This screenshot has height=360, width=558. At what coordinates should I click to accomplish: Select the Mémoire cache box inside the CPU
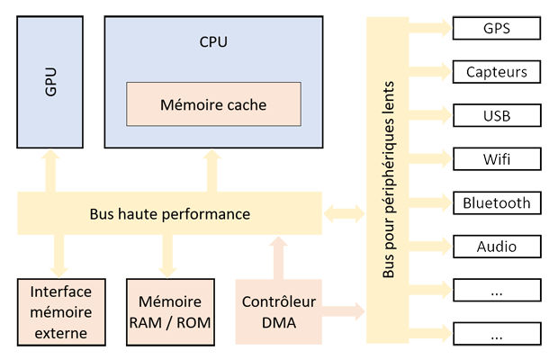213,104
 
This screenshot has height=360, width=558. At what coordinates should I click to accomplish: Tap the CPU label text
213,41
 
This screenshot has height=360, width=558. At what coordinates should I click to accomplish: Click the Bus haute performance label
170,214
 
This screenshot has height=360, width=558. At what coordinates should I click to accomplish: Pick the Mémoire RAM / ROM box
170,312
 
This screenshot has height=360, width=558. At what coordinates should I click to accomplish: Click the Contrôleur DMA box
278,312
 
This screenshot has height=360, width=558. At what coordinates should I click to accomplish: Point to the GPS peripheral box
497,28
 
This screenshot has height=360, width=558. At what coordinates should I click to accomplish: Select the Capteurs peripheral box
497,72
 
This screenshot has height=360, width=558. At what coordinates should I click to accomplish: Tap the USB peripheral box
497,115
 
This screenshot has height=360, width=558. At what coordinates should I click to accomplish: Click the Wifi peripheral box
497,159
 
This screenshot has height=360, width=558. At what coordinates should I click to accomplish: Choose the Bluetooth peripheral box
497,202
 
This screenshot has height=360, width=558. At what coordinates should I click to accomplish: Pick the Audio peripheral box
497,246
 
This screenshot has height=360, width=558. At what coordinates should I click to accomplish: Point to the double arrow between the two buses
345,214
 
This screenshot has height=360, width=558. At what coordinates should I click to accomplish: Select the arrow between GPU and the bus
50,169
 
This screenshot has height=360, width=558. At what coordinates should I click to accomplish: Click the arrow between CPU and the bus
212,169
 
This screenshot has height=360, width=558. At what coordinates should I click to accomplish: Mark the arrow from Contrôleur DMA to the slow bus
344,312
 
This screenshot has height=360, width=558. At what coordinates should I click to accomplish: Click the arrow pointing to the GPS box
431,28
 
